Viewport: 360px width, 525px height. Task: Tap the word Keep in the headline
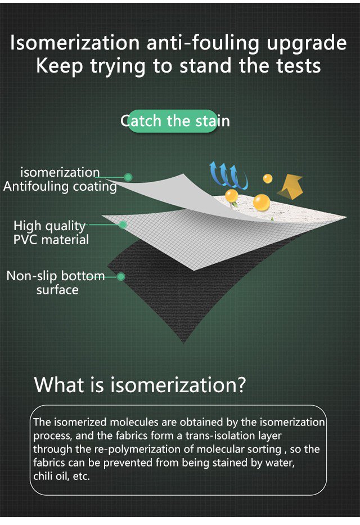click(59, 66)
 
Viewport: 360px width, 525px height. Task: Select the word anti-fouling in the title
click(203, 43)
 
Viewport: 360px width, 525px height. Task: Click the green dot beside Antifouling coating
click(128, 177)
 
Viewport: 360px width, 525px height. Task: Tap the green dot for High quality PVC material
click(123, 225)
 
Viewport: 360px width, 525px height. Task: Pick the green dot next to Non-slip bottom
click(121, 276)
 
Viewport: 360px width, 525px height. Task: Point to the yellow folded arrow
click(290, 186)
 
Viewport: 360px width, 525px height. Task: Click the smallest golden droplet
click(267, 178)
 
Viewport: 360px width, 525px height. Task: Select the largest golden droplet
click(262, 203)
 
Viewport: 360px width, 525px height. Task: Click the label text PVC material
click(51, 240)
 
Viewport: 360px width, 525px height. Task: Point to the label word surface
click(57, 290)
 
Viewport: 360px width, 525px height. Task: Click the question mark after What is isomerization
click(240, 385)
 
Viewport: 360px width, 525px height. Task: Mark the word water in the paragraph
click(280, 463)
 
